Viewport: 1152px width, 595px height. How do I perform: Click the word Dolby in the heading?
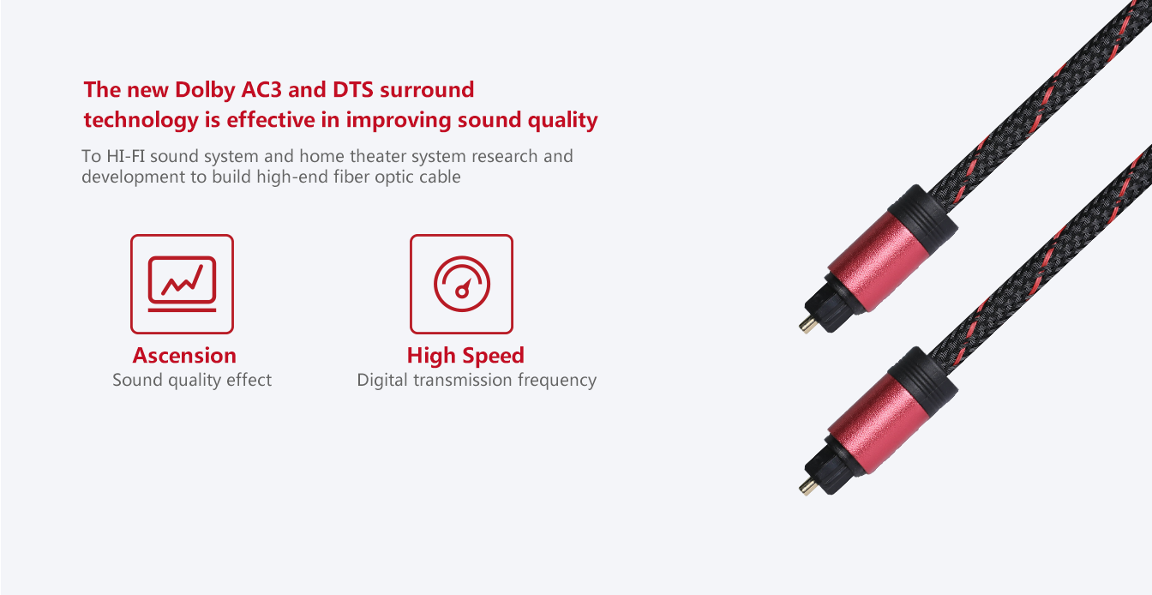pyautogui.click(x=205, y=91)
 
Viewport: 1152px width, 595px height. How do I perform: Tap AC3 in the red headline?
pyautogui.click(x=261, y=89)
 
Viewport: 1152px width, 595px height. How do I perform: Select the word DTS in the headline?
pyautogui.click(x=353, y=89)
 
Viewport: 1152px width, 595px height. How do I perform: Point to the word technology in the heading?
pyautogui.click(x=141, y=120)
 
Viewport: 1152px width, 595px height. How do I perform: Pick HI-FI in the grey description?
pyautogui.click(x=125, y=156)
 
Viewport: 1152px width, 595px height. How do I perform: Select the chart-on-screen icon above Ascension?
pyautogui.click(x=182, y=284)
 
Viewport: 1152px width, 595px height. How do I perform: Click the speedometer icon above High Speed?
pyautogui.click(x=462, y=284)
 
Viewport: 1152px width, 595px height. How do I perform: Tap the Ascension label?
pyautogui.click(x=184, y=355)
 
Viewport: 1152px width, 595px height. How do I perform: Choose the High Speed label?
pyautogui.click(x=465, y=356)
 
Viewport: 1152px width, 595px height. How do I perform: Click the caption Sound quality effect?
pyautogui.click(x=192, y=380)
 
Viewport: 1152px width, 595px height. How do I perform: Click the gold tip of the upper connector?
pyautogui.click(x=808, y=324)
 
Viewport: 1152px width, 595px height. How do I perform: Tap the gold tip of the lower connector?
pyautogui.click(x=808, y=486)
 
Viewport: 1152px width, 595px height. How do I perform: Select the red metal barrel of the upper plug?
pyautogui.click(x=876, y=261)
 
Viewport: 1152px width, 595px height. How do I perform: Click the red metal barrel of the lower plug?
pyautogui.click(x=876, y=424)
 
